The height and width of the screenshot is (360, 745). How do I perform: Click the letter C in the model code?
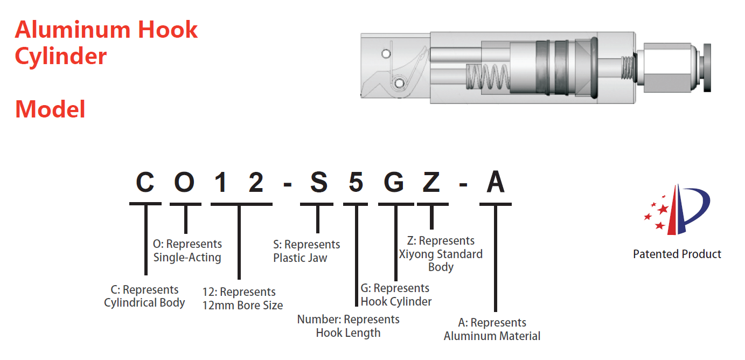coord(145,182)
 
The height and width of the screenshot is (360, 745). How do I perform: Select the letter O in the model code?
coord(185,182)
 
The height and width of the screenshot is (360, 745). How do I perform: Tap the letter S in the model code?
coord(318,182)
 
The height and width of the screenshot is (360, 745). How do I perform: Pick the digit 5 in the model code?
coord(356,182)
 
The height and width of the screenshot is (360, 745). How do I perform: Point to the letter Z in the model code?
coord(431,182)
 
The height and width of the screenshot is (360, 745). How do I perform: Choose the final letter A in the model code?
coord(496,182)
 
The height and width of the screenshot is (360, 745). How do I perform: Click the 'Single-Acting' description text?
coord(187,258)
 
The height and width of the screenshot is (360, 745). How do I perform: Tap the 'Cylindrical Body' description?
coord(144,303)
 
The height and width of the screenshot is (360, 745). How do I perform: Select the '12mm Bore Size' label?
coord(242,305)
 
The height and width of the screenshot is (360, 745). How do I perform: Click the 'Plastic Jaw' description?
coord(300,258)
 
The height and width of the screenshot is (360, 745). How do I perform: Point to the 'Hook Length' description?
coord(348,333)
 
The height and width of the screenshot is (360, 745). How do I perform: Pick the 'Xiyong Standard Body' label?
coord(441,254)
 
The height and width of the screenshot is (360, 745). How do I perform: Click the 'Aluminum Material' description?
coord(492,336)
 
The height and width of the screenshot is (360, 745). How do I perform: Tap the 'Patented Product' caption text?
coord(677,254)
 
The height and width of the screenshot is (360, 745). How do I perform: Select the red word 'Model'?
coord(50,109)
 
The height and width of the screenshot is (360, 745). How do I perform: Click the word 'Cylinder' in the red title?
coord(60,56)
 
